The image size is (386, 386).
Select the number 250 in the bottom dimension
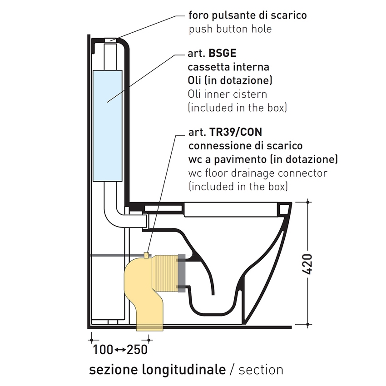click(x=137, y=350)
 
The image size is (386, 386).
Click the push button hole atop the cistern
click(x=110, y=40)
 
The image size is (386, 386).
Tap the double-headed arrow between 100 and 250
click(x=120, y=350)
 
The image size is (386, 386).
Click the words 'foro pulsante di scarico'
click(x=247, y=15)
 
